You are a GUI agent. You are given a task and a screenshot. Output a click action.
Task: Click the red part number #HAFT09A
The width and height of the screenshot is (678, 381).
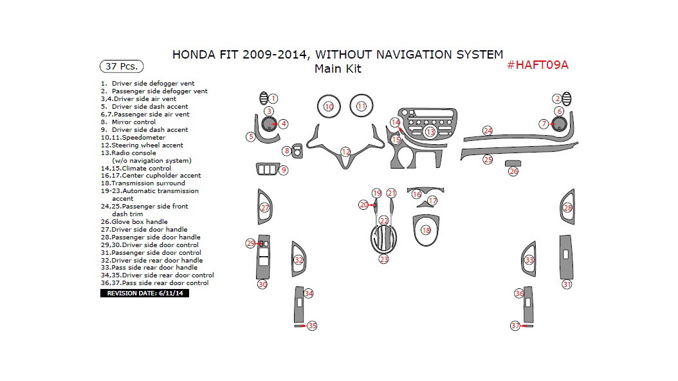[538, 65]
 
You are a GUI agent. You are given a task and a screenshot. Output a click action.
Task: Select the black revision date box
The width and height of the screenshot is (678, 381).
[144, 293]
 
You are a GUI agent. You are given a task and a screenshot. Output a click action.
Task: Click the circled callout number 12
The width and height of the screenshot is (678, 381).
[345, 152]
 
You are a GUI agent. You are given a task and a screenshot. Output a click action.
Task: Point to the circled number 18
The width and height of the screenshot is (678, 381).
[426, 230]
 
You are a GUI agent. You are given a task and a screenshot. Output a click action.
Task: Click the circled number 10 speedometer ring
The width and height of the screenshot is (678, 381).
[329, 106]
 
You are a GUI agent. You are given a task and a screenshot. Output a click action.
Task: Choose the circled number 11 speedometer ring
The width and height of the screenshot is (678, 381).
[362, 106]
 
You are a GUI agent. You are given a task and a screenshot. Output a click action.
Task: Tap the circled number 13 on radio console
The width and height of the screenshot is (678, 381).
[430, 132]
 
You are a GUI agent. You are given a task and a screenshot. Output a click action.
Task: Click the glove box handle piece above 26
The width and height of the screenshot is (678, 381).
[513, 163]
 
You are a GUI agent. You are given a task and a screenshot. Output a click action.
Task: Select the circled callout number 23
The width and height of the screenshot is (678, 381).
[384, 259]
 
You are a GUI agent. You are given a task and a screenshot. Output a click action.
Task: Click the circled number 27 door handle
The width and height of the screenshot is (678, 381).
[264, 208]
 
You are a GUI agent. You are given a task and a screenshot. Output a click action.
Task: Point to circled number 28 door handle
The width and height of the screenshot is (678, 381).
[567, 208]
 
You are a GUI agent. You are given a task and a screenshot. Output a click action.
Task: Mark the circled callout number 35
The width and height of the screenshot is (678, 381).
[312, 326]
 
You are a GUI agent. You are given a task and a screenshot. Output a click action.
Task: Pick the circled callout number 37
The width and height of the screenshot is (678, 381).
[515, 326]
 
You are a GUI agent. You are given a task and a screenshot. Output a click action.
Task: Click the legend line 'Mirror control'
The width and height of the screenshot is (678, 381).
[133, 122]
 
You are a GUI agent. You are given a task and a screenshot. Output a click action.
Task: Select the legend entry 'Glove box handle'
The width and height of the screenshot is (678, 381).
[138, 222]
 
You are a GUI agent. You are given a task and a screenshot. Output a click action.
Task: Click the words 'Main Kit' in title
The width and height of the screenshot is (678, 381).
[337, 69]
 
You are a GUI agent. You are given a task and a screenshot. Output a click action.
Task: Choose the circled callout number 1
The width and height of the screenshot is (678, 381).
[273, 98]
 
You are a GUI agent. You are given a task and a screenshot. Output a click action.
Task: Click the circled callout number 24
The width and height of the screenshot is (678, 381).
[488, 131]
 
